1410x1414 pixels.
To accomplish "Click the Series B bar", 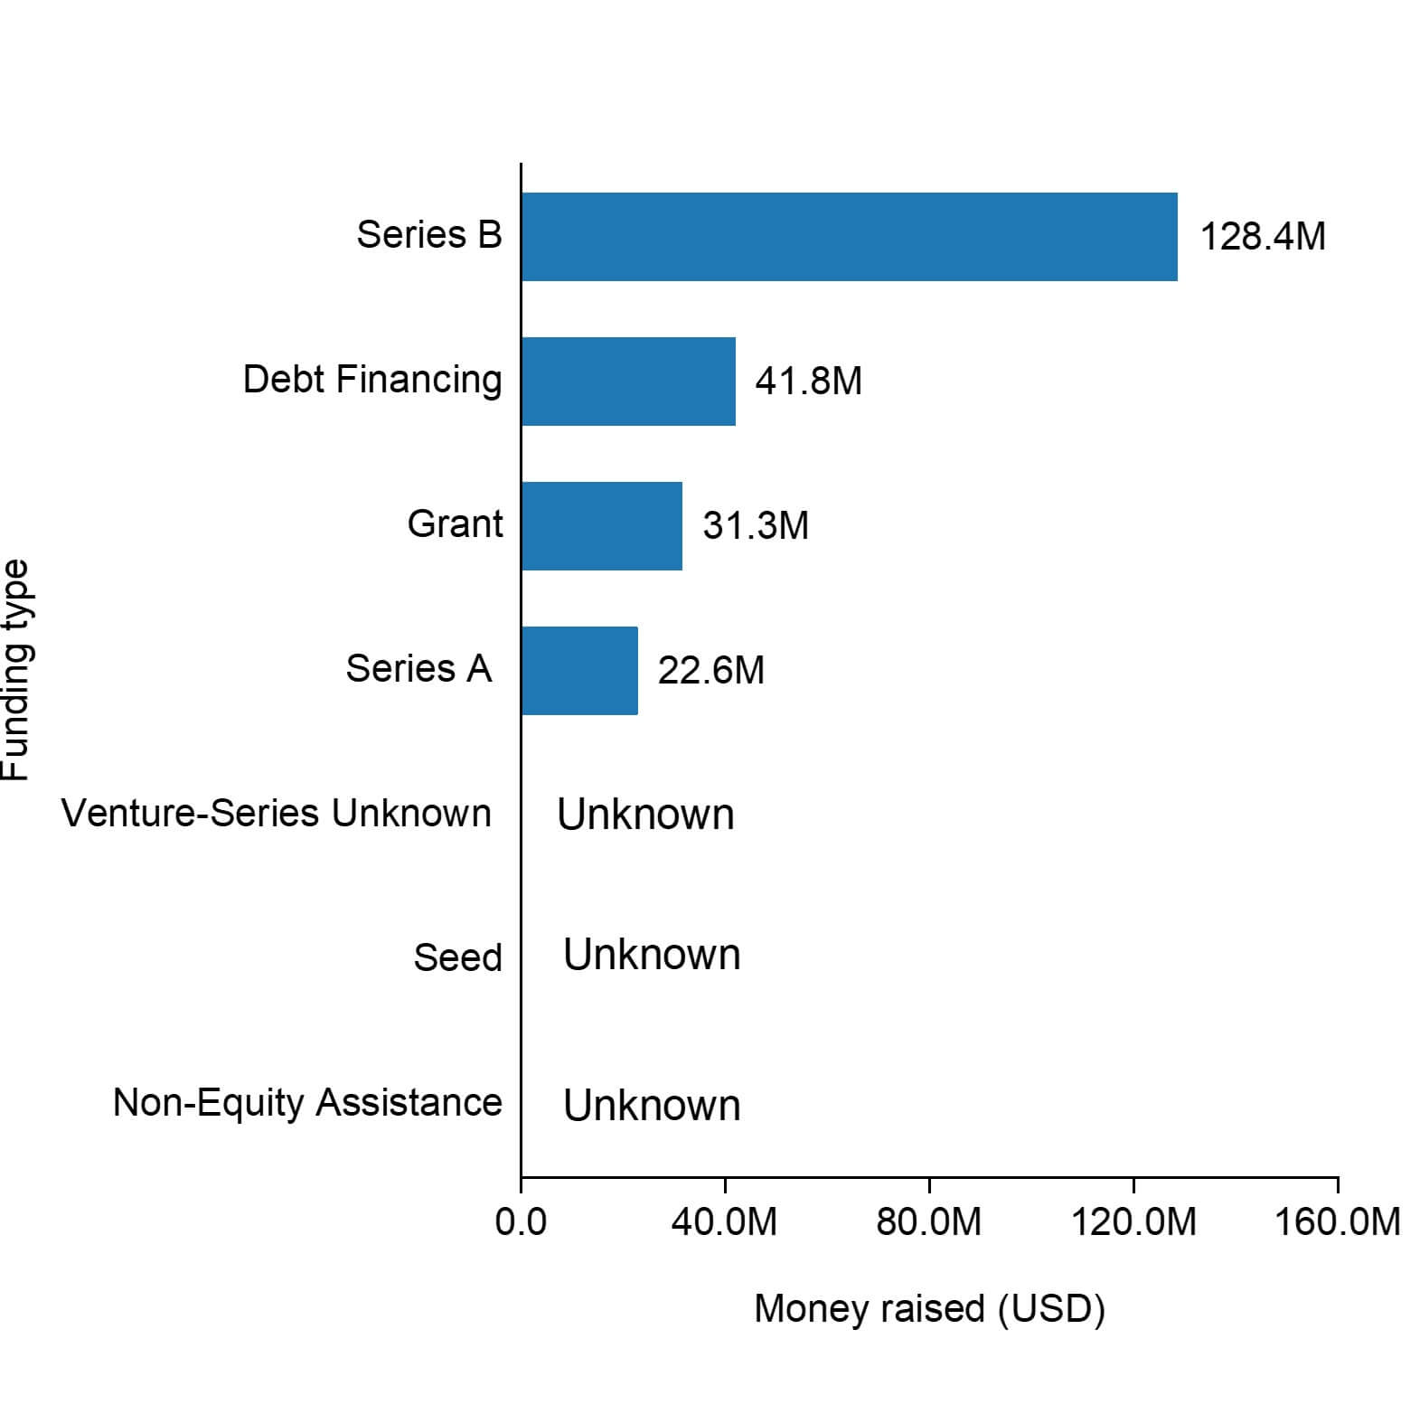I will [849, 237].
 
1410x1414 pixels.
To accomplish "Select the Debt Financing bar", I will [628, 382].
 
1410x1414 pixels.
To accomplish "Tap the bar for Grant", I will [602, 526].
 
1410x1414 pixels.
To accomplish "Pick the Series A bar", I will [579, 671].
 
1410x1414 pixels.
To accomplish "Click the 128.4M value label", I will [1263, 237].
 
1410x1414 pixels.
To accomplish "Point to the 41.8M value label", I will [808, 382].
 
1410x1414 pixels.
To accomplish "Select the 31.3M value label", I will [756, 526].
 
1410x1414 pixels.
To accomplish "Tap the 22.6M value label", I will [711, 671].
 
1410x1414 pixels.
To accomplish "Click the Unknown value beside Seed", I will [652, 956].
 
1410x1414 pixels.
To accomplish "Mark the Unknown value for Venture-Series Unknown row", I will [645, 815].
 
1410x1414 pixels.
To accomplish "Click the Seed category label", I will [457, 958].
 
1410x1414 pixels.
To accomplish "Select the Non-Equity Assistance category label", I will [307, 1103].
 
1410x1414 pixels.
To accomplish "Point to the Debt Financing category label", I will [372, 380].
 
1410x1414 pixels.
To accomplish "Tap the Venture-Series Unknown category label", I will [277, 814].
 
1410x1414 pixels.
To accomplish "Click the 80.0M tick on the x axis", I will [929, 1222].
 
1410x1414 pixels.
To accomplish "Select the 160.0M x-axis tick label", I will [1337, 1222].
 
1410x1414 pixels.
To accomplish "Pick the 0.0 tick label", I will [522, 1222].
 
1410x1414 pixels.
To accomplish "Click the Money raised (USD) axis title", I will [929, 1309].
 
